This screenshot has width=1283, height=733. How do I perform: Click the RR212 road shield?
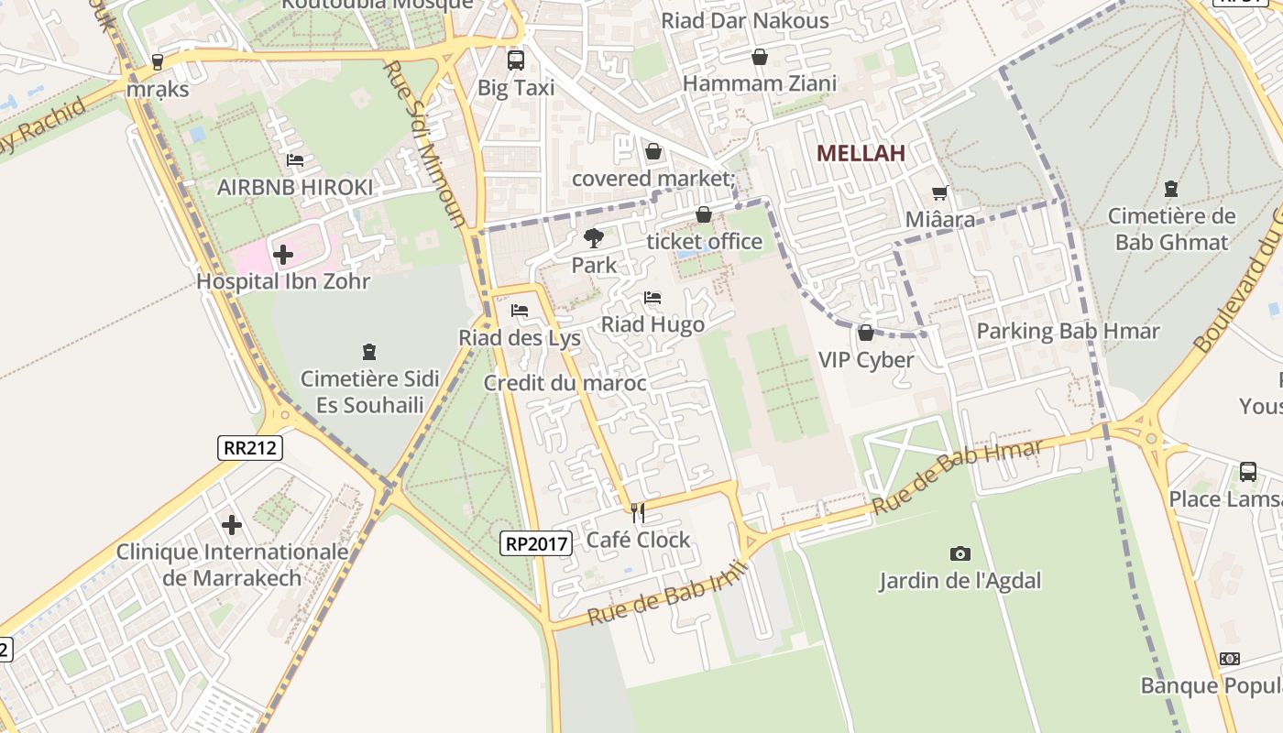[250, 447]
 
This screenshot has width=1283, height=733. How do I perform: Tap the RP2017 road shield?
[537, 543]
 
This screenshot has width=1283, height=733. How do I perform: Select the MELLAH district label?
[861, 153]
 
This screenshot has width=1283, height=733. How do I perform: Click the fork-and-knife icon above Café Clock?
[638, 512]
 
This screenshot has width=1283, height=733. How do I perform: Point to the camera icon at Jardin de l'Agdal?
[960, 553]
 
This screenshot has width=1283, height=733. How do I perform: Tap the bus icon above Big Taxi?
[516, 60]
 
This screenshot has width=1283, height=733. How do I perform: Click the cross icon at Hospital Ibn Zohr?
[283, 254]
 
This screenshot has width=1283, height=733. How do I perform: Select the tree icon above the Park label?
[594, 238]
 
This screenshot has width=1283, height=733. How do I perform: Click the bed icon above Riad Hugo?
[652, 298]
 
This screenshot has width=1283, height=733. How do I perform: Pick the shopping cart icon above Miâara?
[939, 192]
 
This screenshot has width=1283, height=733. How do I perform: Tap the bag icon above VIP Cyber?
[865, 333]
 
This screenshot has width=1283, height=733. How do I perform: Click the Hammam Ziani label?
[760, 84]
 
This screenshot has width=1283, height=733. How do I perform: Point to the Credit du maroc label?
[565, 383]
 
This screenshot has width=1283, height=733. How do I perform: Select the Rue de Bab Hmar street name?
[957, 476]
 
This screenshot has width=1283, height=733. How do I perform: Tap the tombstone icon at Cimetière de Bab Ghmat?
[1170, 190]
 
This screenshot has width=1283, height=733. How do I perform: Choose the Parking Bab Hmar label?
[1068, 331]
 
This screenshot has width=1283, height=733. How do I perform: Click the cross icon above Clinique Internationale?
[232, 525]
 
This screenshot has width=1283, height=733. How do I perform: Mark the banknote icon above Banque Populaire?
[1230, 659]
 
